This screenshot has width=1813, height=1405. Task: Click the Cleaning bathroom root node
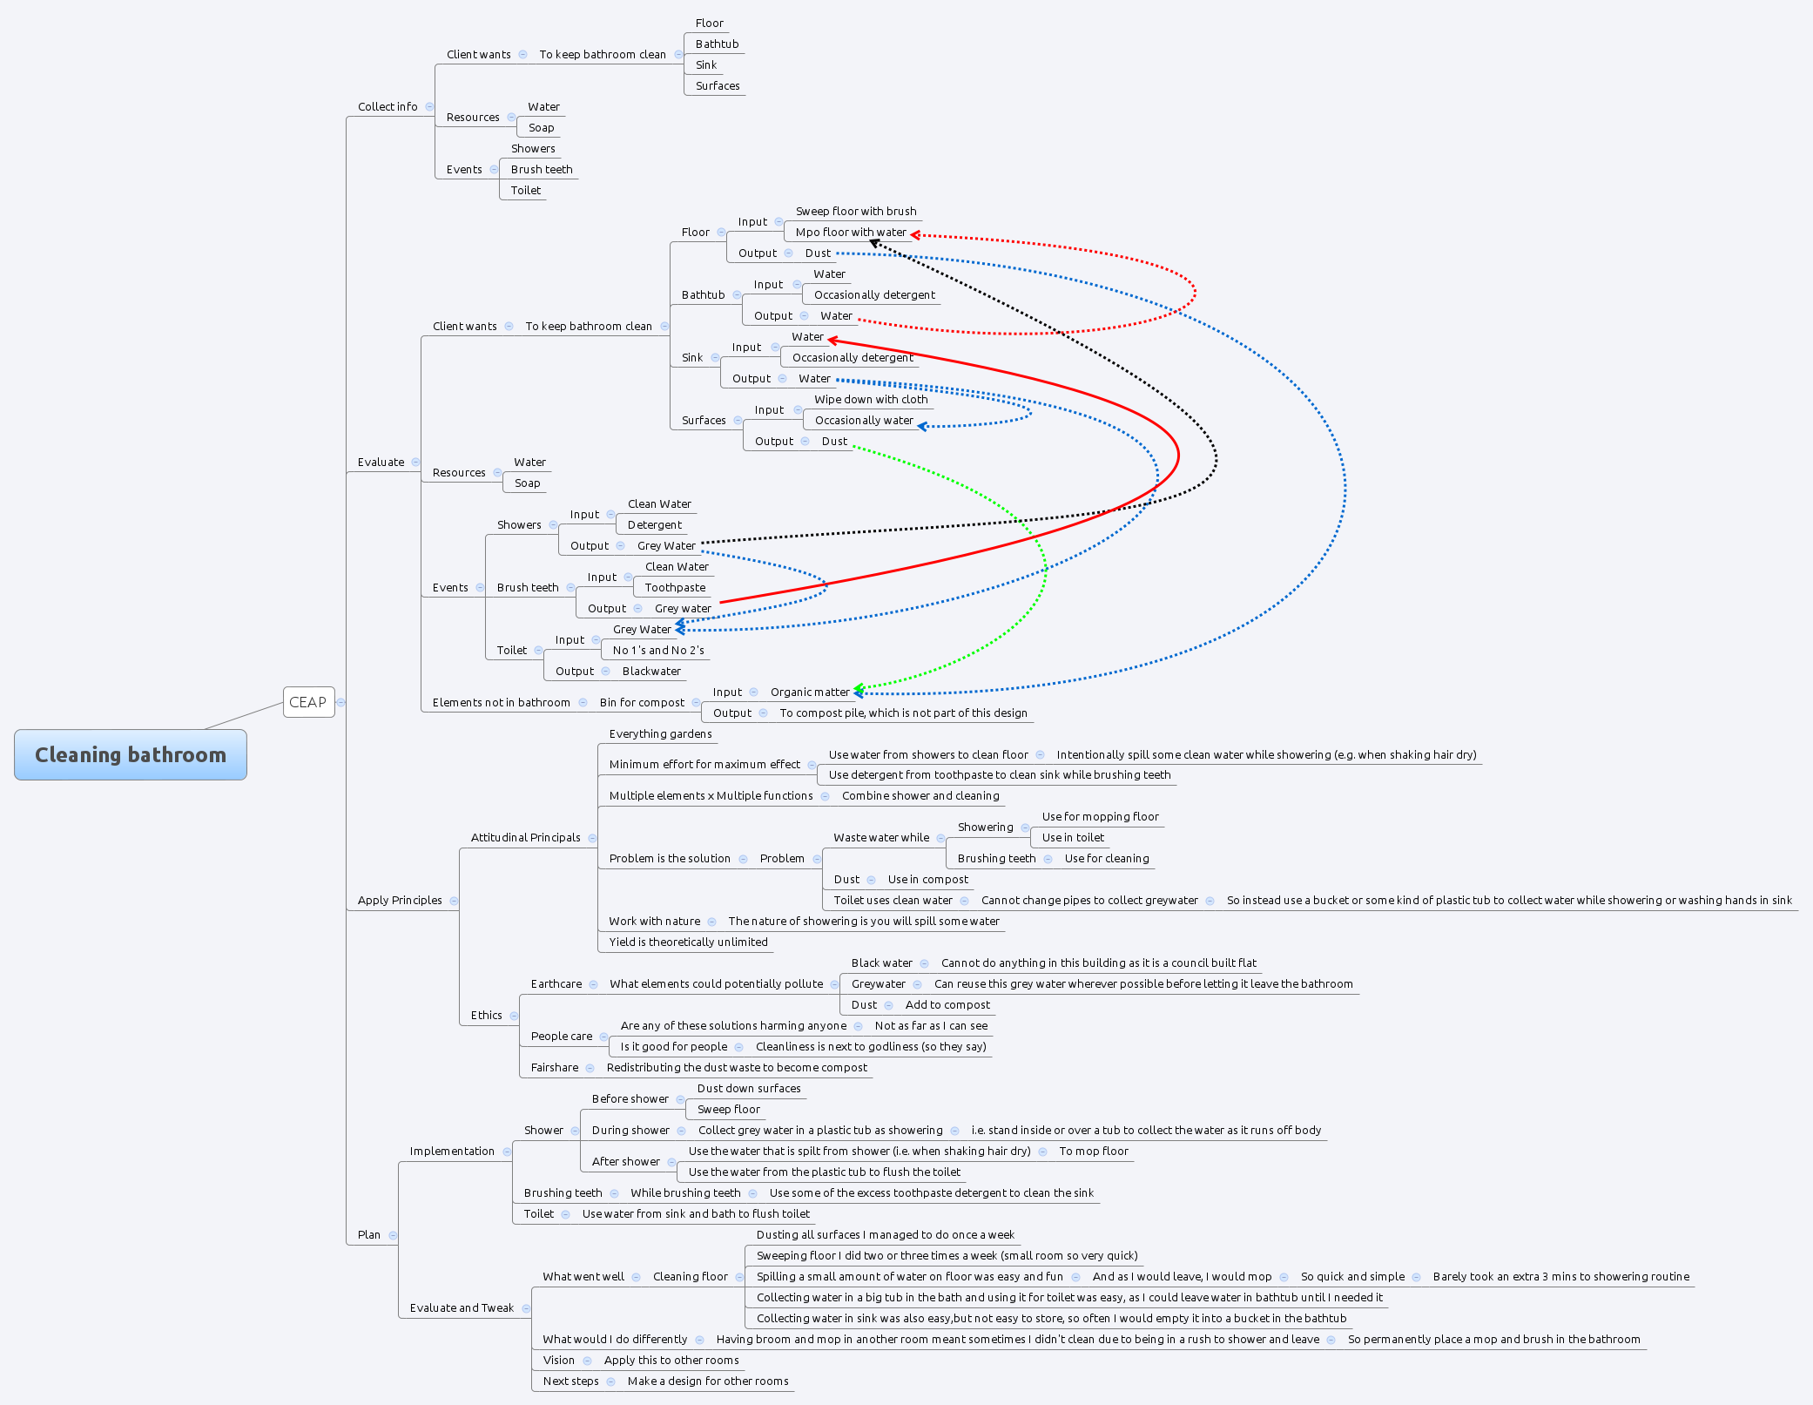click(131, 755)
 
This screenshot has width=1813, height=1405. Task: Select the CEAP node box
click(308, 702)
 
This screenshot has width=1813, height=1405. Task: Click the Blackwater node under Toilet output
click(651, 672)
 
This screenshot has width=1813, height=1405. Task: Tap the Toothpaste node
click(675, 588)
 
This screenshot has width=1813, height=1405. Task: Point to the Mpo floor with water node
click(850, 233)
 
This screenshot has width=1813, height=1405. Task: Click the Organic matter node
click(809, 692)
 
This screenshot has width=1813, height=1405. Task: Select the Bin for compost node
click(642, 703)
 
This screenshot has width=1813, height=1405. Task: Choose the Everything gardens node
click(660, 734)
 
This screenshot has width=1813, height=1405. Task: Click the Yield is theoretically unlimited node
click(688, 942)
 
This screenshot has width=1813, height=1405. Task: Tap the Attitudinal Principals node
click(525, 838)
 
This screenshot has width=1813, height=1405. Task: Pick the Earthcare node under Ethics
click(556, 984)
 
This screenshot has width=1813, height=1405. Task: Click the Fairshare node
click(555, 1068)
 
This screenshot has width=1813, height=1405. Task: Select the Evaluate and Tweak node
click(462, 1308)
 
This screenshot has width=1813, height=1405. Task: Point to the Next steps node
click(570, 1381)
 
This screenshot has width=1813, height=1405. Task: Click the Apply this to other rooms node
click(671, 1361)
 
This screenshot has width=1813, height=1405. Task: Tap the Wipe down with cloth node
click(871, 400)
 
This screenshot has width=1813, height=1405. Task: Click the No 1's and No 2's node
click(658, 651)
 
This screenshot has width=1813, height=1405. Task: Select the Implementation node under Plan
click(452, 1152)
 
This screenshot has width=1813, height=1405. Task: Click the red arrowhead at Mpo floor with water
click(915, 234)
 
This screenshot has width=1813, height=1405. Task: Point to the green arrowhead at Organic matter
click(859, 688)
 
